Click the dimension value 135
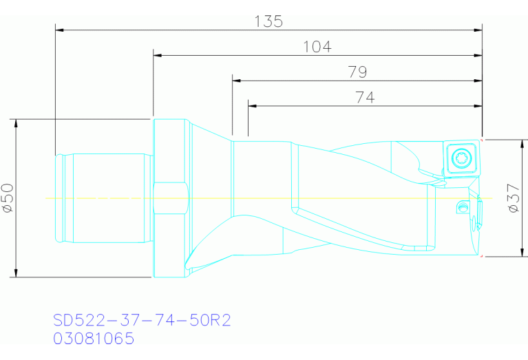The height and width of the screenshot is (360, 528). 268,21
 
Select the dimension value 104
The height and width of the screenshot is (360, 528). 317,47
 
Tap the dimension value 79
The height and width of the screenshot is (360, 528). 357,72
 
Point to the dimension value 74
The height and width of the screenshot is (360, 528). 365,98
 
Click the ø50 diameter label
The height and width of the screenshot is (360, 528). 8,198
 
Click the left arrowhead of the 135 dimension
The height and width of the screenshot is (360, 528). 59,30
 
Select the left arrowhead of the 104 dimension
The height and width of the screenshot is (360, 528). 157,55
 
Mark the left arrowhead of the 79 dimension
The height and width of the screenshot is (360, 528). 236,81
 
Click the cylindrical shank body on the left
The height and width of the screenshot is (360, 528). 103,198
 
